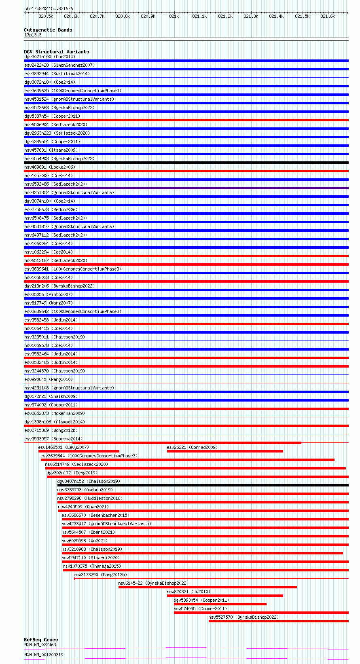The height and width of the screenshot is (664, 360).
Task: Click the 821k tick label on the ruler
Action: (174, 16)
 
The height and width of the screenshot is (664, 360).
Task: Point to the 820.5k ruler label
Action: (46, 16)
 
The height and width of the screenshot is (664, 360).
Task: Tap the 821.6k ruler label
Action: (328, 16)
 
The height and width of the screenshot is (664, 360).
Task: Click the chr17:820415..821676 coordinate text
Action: (49, 8)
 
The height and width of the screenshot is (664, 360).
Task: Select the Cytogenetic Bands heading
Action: (48, 30)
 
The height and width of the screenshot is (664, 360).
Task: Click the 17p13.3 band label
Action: (33, 35)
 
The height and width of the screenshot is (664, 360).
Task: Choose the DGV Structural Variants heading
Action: (56, 52)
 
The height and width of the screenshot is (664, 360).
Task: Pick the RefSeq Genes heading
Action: (41, 640)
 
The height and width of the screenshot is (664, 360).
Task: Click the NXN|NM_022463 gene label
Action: (40, 645)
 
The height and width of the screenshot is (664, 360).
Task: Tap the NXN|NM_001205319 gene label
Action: (44, 655)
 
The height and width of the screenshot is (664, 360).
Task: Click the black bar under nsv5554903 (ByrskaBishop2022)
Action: (186, 163)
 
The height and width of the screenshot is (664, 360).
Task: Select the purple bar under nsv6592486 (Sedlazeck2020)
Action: (186, 188)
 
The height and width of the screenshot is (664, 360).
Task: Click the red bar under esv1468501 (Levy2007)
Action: (79, 451)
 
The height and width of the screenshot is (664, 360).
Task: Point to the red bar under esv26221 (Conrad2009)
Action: (225, 451)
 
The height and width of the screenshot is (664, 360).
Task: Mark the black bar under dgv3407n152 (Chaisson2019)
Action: (203, 485)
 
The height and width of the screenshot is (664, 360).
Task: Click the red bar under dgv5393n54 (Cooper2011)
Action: (220, 604)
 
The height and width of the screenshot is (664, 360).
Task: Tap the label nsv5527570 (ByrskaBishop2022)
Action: (244, 617)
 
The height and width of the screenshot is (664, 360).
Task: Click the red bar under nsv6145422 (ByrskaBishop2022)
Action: (208, 587)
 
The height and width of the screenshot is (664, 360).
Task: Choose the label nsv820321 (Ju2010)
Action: (188, 592)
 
